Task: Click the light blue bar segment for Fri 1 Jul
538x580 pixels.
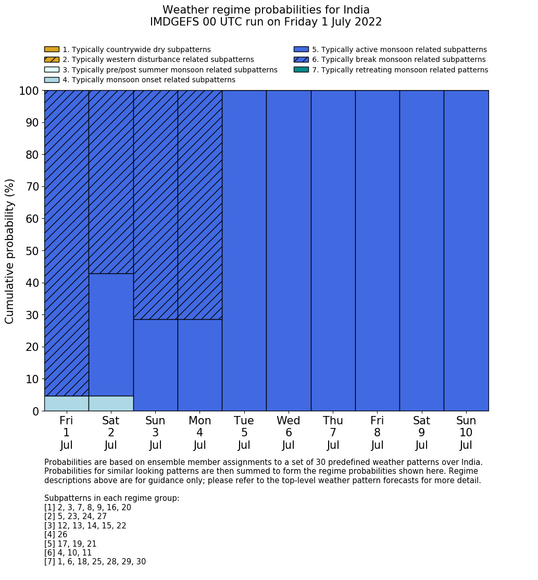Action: click(x=66, y=404)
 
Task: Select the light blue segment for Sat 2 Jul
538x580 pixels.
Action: click(x=111, y=404)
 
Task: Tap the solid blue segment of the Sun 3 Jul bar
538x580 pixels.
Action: click(x=155, y=365)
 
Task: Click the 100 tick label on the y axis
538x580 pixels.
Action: click(x=29, y=91)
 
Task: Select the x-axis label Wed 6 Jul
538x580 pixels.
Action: click(x=289, y=433)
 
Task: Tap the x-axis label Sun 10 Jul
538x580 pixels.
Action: click(x=466, y=433)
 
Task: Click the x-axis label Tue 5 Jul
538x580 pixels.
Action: click(x=244, y=433)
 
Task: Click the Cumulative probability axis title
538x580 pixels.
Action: click(x=10, y=251)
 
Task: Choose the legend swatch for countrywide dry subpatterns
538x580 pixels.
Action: click(x=52, y=49)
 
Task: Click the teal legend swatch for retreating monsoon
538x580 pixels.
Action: click(x=301, y=70)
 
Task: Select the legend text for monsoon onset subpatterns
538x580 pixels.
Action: click(x=149, y=80)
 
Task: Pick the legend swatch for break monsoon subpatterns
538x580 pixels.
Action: click(x=301, y=60)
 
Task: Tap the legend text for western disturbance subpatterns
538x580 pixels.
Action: click(x=158, y=60)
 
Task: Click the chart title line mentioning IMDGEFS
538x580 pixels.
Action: click(x=266, y=22)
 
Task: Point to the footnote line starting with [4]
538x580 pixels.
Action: click(x=56, y=535)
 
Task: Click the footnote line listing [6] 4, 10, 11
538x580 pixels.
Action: click(x=68, y=553)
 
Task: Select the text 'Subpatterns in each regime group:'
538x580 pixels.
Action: click(x=112, y=498)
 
